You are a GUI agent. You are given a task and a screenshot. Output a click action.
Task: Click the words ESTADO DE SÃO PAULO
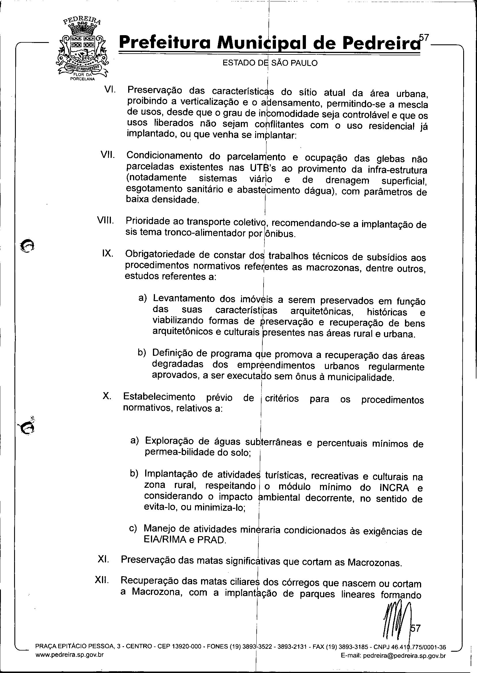point(270,63)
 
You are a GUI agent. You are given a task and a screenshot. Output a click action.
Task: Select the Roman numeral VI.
point(110,89)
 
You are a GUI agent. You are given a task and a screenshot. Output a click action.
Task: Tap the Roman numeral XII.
point(102,581)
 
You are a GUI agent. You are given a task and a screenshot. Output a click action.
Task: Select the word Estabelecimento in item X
point(159,397)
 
